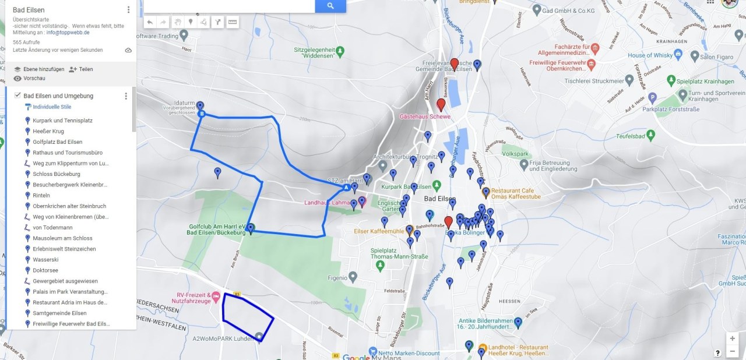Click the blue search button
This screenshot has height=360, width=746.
coord(330,6)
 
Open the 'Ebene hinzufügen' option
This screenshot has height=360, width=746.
coord(39,69)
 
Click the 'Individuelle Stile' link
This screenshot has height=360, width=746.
coord(52,107)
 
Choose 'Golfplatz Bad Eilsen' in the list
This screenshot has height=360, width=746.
coord(57,142)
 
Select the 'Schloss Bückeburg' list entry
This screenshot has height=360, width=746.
coord(57,174)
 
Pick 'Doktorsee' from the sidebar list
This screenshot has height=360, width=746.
coord(45,270)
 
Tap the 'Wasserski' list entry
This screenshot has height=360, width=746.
coord(44,260)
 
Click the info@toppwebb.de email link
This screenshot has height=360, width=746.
coord(68,33)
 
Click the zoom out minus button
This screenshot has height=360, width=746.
coord(732,351)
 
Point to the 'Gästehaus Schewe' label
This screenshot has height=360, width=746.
coord(425,117)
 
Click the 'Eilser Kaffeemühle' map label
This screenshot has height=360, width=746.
coord(379,231)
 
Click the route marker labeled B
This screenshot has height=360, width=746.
coord(202,114)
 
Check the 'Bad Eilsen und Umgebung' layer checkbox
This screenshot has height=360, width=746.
coord(17,96)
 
